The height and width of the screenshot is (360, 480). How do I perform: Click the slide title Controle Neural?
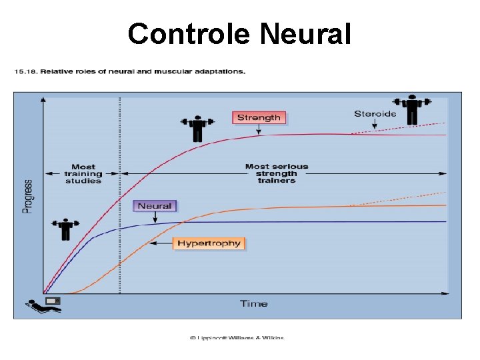(239, 33)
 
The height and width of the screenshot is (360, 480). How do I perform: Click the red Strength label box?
(259, 118)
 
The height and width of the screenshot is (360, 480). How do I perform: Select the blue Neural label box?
(155, 206)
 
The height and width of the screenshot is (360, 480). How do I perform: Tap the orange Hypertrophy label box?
(209, 243)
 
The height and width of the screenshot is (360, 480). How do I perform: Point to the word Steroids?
(375, 114)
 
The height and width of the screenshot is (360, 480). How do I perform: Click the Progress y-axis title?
(29, 196)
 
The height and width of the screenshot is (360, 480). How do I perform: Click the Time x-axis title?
(253, 304)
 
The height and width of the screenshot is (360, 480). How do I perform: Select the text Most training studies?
(83, 173)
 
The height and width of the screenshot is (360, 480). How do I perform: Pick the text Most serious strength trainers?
(276, 173)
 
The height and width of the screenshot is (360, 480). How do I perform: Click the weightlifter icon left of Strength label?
(197, 128)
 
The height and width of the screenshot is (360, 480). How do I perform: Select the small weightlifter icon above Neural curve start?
(65, 229)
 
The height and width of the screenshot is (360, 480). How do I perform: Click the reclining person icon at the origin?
(43, 305)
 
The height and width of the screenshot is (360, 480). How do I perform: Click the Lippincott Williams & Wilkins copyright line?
(237, 337)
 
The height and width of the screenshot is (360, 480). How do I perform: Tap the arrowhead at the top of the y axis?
(43, 99)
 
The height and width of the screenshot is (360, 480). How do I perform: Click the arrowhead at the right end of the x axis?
(446, 293)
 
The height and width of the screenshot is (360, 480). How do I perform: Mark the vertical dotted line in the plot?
(120, 200)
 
